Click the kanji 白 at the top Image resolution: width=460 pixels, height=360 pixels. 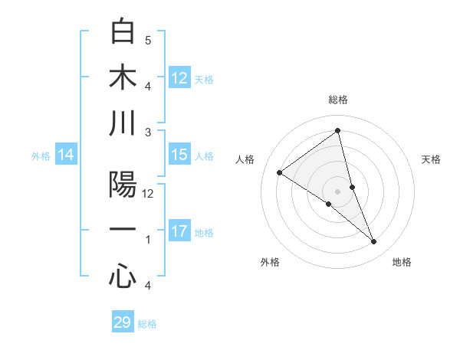coord(123,32)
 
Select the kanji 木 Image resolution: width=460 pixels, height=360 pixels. coord(123,78)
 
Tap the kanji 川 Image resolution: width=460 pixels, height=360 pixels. coord(123,124)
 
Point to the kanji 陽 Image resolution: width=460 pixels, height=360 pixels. coord(123,185)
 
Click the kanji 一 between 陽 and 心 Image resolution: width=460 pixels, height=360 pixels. coord(123,231)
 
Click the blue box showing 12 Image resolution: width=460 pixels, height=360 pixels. coord(179,78)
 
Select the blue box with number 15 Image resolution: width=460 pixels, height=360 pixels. coord(179,155)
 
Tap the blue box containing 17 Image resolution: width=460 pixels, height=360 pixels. coord(179,231)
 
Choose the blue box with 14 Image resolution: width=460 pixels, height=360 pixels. coord(66,155)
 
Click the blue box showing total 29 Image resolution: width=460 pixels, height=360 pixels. coord(123,322)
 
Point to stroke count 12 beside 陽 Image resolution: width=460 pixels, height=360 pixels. coord(149,194)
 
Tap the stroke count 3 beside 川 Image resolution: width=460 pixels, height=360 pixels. coord(148,133)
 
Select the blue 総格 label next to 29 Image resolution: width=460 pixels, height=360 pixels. coord(148,324)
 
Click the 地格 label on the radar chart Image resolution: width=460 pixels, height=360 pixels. coord(402,262)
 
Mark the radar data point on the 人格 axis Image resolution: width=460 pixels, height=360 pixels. coord(280,172)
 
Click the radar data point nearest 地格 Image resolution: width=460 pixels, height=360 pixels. coord(374,242)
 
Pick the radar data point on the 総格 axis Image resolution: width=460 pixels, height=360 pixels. coord(337,131)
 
